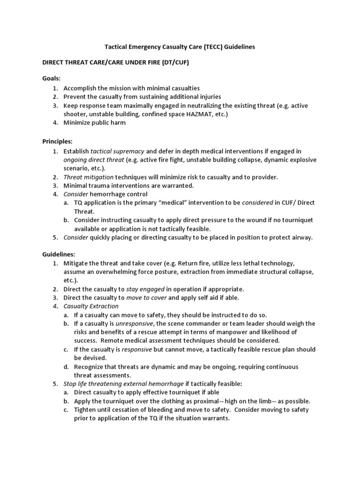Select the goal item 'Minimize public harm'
(x=95, y=123)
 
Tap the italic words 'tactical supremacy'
(x=118, y=151)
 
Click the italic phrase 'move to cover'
(x=146, y=297)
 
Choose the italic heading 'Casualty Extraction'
(x=91, y=306)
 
